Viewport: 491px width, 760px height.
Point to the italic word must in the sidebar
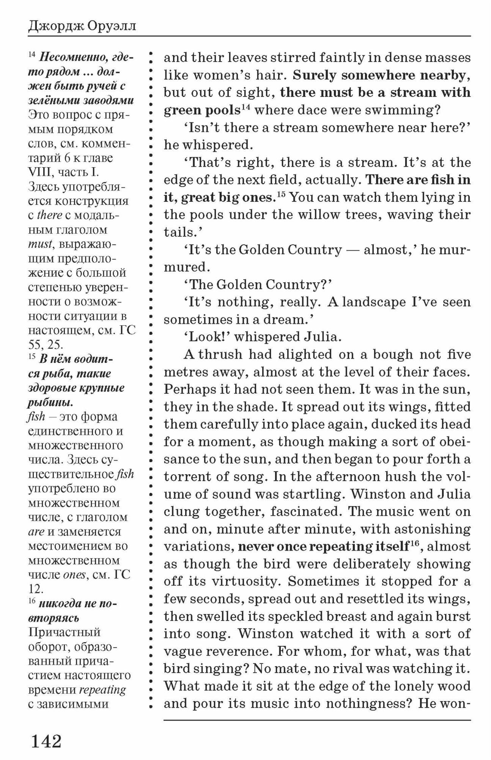point(39,244)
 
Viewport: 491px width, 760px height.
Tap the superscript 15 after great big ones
point(281,195)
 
